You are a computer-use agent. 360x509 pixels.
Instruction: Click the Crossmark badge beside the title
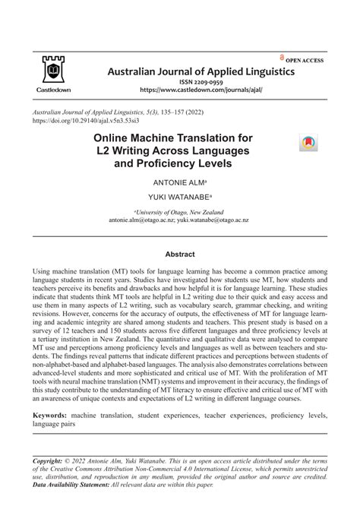point(310,143)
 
